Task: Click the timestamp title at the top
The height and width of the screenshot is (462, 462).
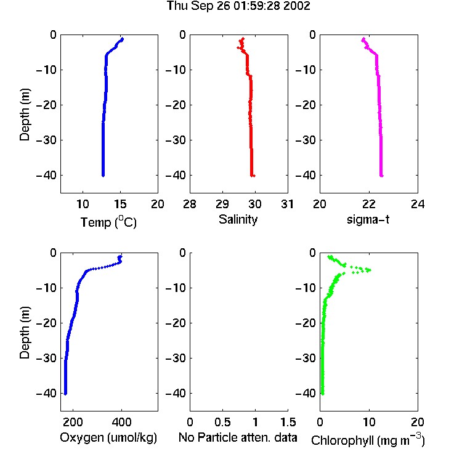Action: click(x=238, y=6)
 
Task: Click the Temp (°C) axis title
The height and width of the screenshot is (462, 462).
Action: click(x=108, y=222)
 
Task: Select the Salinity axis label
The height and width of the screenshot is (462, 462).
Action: click(x=238, y=219)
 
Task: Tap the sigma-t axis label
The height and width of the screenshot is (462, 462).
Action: click(x=368, y=219)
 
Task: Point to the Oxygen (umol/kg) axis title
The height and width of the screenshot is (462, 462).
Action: click(x=108, y=438)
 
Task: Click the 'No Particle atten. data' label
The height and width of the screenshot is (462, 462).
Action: click(x=238, y=437)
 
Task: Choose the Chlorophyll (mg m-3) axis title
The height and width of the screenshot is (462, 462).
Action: click(x=368, y=440)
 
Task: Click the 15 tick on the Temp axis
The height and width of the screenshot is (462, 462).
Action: click(x=120, y=204)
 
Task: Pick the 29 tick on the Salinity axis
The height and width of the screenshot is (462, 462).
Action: click(x=222, y=204)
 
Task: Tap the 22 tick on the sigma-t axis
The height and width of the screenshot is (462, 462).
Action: click(x=368, y=204)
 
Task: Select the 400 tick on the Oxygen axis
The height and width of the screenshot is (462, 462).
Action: click(x=121, y=422)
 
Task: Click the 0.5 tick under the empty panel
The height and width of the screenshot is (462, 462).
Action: click(x=222, y=422)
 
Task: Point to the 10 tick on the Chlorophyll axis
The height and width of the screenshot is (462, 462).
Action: click(x=369, y=422)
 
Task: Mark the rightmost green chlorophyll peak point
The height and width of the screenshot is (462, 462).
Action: click(x=370, y=270)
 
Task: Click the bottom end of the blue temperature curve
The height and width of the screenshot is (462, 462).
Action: click(x=103, y=176)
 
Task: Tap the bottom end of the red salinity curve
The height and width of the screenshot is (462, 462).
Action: click(x=254, y=176)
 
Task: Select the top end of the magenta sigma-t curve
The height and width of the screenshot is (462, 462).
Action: click(x=363, y=39)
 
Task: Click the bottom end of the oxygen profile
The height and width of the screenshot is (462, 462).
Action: click(x=65, y=394)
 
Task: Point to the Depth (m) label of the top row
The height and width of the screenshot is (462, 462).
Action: click(x=25, y=115)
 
